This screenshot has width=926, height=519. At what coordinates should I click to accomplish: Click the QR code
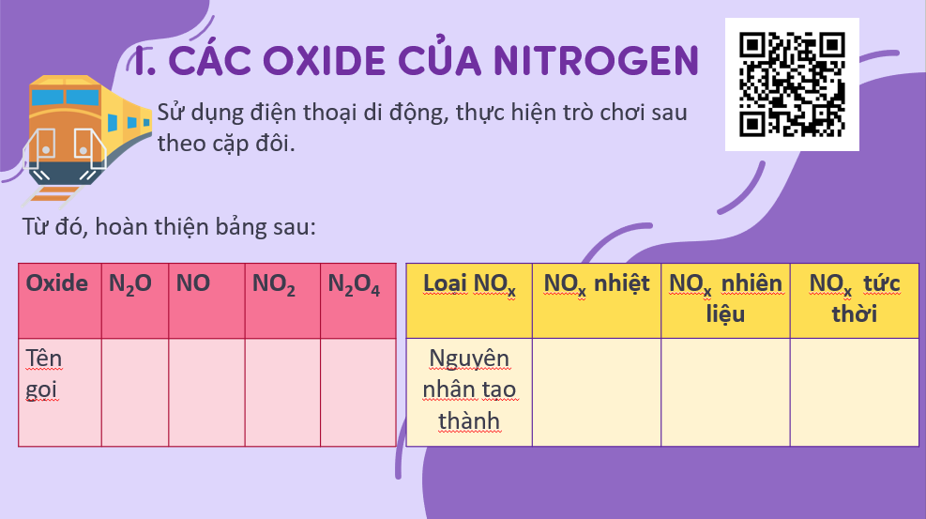point(792,84)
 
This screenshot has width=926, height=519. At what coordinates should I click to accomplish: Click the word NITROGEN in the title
point(597,61)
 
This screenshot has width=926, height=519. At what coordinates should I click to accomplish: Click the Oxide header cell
point(60,300)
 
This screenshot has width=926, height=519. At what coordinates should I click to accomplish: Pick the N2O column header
point(135,300)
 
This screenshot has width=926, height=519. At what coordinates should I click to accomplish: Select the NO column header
point(206,300)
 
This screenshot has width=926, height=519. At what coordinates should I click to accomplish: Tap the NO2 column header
point(283,300)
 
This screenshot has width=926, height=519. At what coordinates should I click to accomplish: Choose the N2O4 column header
point(358,300)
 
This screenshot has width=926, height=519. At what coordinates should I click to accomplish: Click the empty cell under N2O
point(135,392)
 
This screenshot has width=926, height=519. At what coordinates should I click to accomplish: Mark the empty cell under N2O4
point(358,392)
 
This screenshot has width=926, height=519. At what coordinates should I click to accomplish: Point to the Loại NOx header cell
point(469,300)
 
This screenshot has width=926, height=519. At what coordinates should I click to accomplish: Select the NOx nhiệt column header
point(597,300)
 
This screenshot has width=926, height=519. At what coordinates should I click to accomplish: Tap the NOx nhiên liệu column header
point(726,300)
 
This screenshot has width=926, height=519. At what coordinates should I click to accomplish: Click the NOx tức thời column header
point(855,300)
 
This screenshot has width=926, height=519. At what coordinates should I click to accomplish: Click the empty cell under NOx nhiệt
point(597,392)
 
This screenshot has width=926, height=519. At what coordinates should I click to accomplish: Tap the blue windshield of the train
point(65,98)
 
